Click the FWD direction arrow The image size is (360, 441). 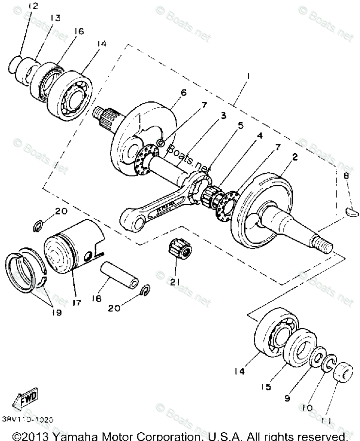click(x=25, y=397)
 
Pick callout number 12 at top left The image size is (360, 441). click(x=33, y=6)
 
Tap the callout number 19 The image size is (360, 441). click(x=56, y=312)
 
